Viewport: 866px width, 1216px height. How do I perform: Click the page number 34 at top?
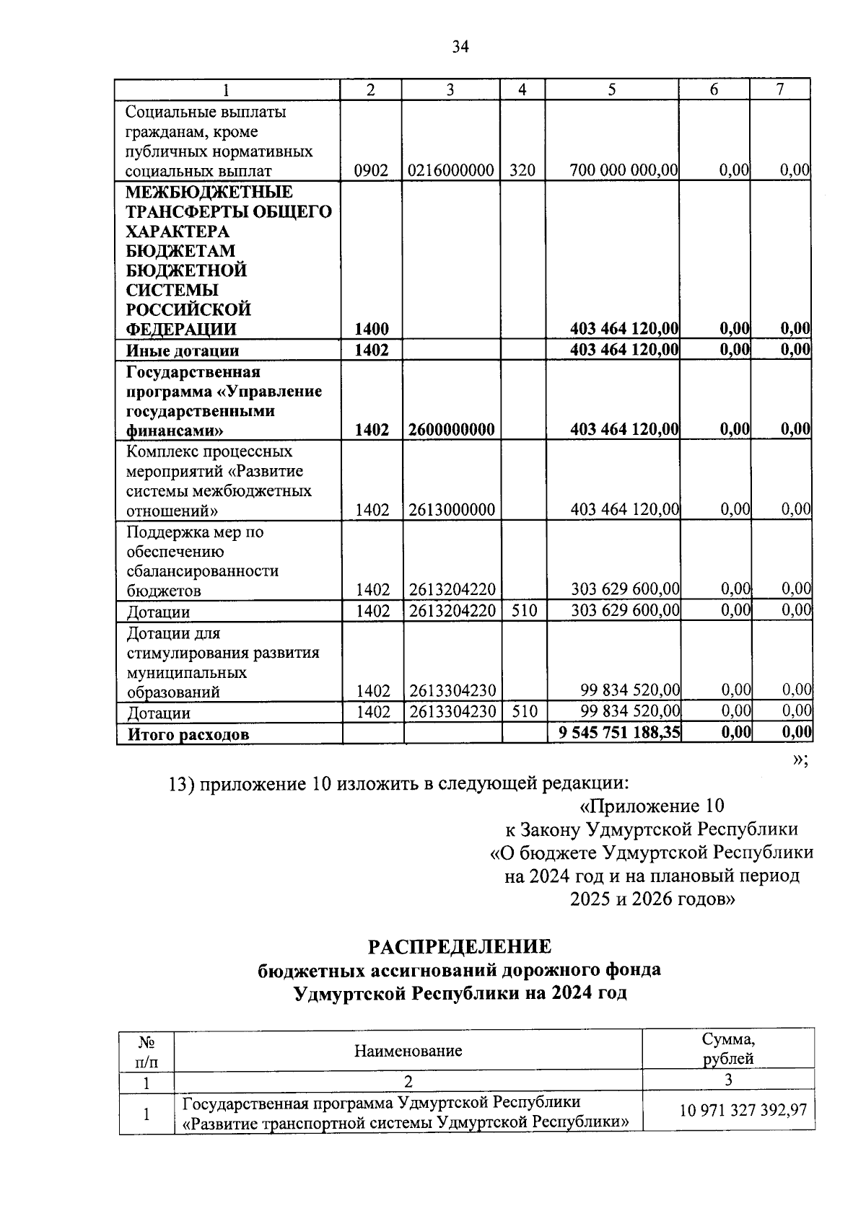(x=460, y=48)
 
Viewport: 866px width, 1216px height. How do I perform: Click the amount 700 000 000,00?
(x=624, y=171)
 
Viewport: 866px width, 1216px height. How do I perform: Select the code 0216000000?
(x=451, y=171)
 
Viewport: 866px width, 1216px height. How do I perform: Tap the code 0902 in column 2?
(x=372, y=171)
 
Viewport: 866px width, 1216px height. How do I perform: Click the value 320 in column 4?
(x=522, y=171)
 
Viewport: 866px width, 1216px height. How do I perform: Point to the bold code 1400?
(x=372, y=330)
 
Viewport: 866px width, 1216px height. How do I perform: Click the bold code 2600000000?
(x=451, y=431)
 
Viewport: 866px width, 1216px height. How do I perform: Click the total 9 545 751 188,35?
(x=619, y=733)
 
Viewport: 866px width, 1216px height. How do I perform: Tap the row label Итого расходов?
(x=188, y=735)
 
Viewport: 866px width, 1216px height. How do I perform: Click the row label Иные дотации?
(x=183, y=351)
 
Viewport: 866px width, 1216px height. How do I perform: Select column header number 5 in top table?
(x=612, y=89)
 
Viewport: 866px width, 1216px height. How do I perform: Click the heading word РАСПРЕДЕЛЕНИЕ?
(x=460, y=946)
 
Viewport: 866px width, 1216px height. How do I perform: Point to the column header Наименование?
(x=408, y=1051)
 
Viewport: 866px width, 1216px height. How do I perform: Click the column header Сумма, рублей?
(x=728, y=1049)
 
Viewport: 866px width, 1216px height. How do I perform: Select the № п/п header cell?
(x=146, y=1052)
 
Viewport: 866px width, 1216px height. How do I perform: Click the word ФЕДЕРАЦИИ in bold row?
(x=181, y=330)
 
